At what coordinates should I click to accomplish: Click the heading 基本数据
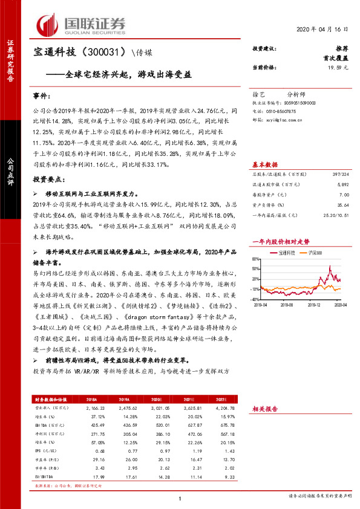265,164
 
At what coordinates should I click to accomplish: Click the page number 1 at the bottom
180,498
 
